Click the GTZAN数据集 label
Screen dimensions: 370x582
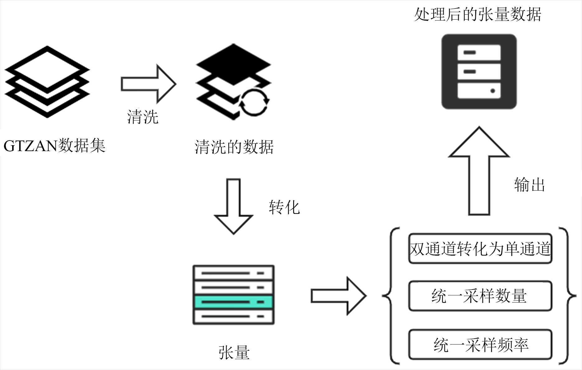click(x=54, y=146)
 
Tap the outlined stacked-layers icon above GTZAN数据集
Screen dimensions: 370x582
click(x=47, y=82)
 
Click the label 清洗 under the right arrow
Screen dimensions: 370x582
click(x=143, y=117)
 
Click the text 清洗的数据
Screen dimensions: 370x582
click(x=234, y=147)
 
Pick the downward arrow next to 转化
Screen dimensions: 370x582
click(x=233, y=205)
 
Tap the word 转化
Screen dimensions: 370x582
click(x=284, y=207)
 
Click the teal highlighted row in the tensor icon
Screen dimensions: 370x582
click(x=233, y=302)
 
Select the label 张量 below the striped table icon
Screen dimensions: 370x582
click(x=234, y=353)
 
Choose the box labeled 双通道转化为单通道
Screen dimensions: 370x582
click(x=480, y=249)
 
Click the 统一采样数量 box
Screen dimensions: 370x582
click(x=480, y=296)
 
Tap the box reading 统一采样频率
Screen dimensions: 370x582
click(x=480, y=345)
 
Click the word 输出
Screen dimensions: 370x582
click(x=529, y=185)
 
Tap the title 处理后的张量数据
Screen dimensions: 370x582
click(x=478, y=14)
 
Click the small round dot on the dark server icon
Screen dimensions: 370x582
click(x=493, y=91)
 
